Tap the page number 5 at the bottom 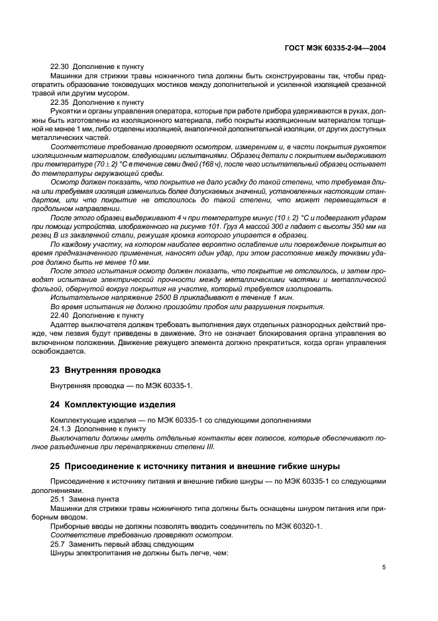click(x=384, y=567)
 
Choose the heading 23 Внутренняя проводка click(x=103, y=369)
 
